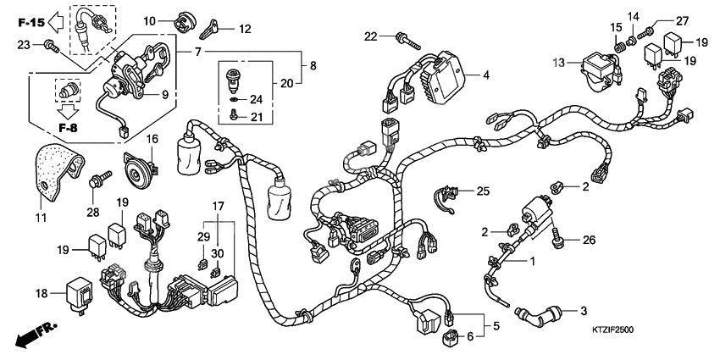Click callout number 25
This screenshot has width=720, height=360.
483,191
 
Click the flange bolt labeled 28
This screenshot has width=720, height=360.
100,180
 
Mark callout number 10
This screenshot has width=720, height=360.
149,19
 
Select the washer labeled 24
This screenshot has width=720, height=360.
233,98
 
